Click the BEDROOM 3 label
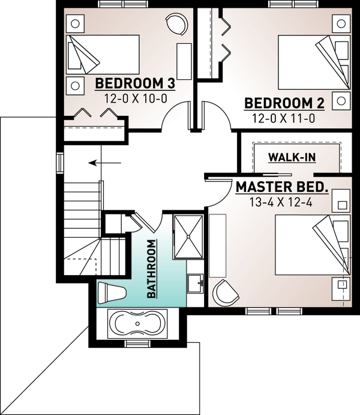coord(130,82)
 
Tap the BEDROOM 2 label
coord(284,103)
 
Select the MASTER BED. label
coord(282,187)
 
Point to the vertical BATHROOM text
coord(152,269)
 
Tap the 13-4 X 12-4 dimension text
coord(282,202)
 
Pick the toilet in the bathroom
coord(111,292)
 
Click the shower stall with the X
coord(188,236)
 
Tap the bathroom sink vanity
coord(196,282)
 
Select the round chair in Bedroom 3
coord(177,25)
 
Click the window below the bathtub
coord(137,344)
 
